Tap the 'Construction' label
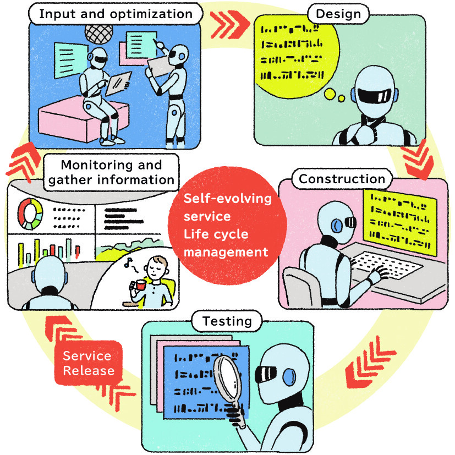[341, 179]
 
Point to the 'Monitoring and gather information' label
[111, 172]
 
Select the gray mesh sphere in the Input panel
[101, 30]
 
